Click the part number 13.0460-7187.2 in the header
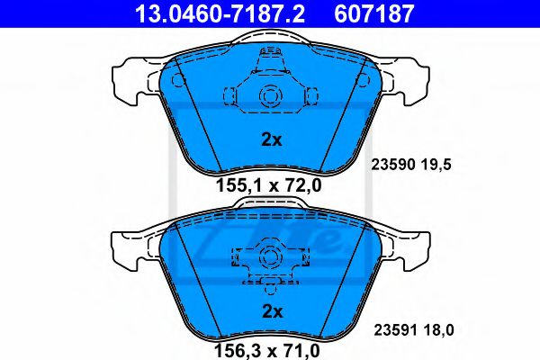pos(220,13)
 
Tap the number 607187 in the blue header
pos(373,13)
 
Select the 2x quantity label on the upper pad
pos(272,139)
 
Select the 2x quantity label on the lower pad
pos(272,311)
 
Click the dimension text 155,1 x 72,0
pos(268,185)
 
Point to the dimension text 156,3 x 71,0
pos(267,351)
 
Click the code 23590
pos(393,165)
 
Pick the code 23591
pos(397,330)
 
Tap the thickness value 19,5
pos(436,165)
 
